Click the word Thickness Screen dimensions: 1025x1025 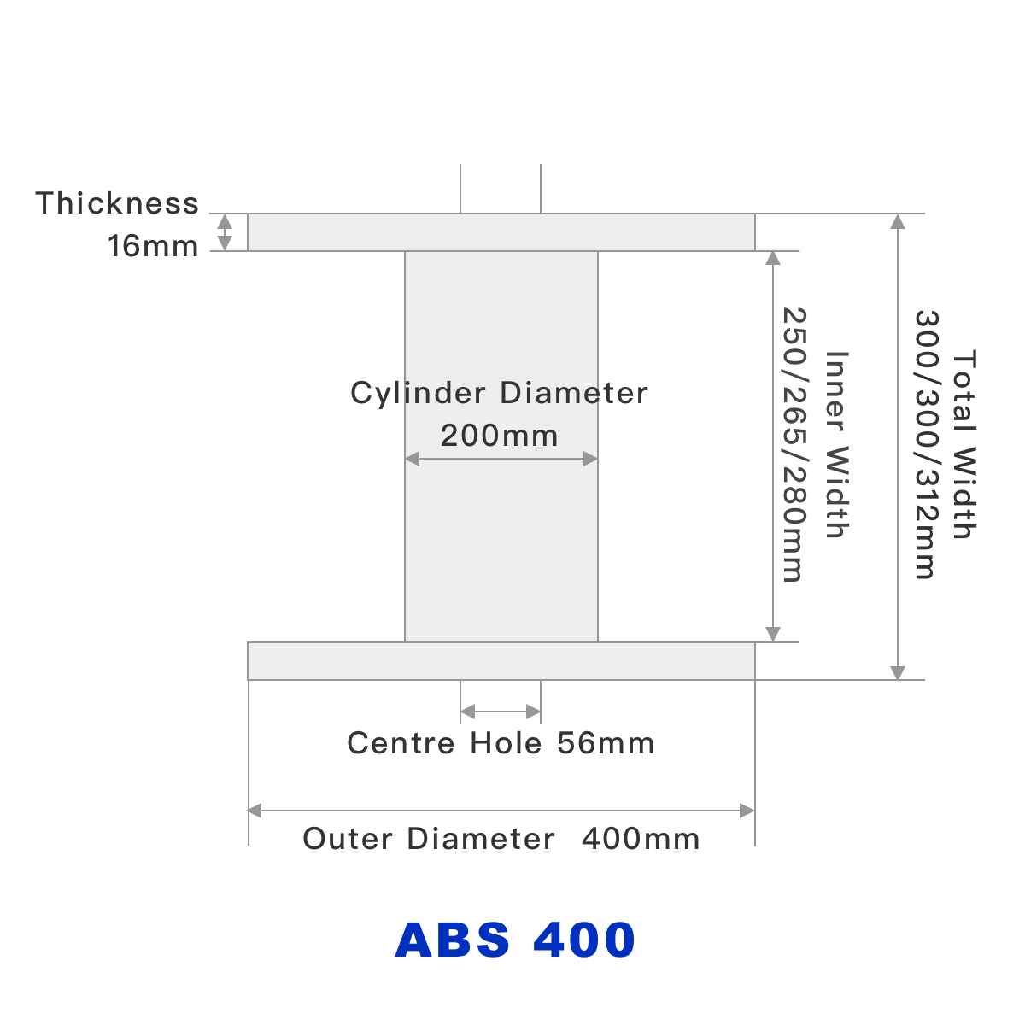[117, 203]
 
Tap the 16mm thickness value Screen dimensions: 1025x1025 [153, 246]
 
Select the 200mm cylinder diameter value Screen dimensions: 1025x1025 [499, 436]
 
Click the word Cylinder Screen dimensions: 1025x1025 [418, 394]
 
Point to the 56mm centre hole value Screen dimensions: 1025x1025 [606, 743]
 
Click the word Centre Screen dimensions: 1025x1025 [401, 743]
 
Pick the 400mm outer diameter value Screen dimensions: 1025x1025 [641, 839]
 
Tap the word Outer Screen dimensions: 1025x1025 [348, 839]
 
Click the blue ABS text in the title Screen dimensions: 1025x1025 [453, 940]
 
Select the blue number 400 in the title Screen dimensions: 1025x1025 [584, 940]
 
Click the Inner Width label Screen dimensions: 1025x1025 [836, 445]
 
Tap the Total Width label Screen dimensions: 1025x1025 [964, 445]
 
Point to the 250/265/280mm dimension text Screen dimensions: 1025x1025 [794, 445]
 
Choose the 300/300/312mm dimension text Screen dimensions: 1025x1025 [927, 445]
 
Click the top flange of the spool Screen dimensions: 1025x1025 [501, 232]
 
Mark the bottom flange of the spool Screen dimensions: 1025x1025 [501, 661]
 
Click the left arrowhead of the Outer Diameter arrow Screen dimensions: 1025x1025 [255, 811]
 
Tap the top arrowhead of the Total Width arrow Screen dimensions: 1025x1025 [898, 221]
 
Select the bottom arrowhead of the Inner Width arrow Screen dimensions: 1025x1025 [773, 634]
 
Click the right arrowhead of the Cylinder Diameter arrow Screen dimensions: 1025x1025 [590, 459]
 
